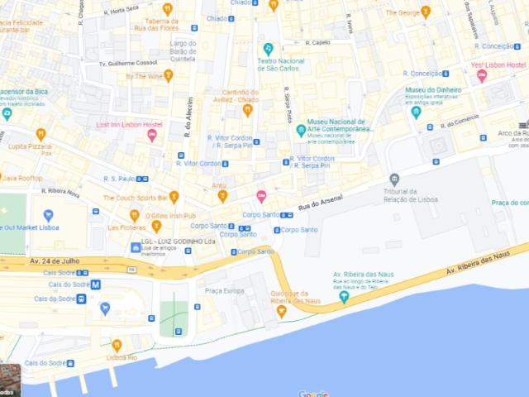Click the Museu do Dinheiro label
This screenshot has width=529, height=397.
pos(433,89)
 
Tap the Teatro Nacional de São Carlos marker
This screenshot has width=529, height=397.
pos(268,49)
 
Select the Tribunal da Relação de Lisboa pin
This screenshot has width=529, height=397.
pos(394,179)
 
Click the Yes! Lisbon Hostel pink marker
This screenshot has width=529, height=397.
pos(482,76)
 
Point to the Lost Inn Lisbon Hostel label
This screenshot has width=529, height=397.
pos(130,124)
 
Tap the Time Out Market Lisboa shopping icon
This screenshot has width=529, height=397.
pos(48,215)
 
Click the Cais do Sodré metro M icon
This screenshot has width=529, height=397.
pos(96,284)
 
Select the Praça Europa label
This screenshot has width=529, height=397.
pos(224,290)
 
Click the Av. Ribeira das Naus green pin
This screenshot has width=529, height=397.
pos(344,296)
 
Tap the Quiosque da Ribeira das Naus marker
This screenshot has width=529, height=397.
pos(282,310)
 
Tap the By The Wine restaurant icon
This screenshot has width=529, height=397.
pos(169,75)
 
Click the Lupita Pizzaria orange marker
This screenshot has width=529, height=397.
pos(41,133)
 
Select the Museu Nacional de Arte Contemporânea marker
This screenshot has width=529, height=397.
pos(301,130)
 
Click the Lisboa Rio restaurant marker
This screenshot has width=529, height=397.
pos(117,345)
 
